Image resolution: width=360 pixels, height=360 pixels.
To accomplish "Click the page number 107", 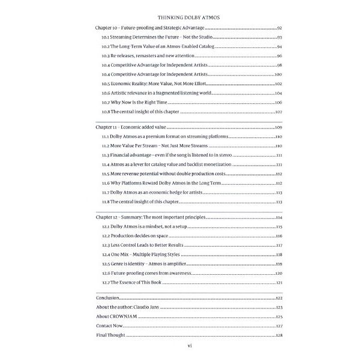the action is click(x=278, y=112).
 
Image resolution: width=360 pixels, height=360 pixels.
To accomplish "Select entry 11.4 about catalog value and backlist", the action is click(x=165, y=164).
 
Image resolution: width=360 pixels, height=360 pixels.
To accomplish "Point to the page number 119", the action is click(x=278, y=264).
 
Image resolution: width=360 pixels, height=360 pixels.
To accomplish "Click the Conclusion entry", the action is click(x=109, y=298).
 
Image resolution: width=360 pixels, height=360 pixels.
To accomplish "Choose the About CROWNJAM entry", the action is click(x=116, y=316).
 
